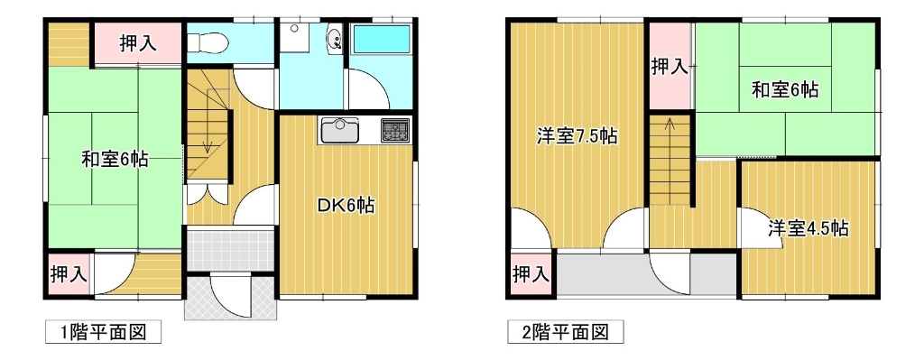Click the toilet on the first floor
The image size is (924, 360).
pyautogui.click(x=205, y=42)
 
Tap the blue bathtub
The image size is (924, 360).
pyautogui.click(x=380, y=42)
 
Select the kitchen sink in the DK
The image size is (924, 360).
pyautogui.click(x=340, y=130)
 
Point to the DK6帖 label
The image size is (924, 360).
pyautogui.click(x=346, y=206)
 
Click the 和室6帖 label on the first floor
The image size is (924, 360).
pyautogui.click(x=115, y=161)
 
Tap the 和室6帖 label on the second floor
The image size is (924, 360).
pyautogui.click(x=785, y=89)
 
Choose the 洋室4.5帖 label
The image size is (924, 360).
pyautogui.click(x=808, y=227)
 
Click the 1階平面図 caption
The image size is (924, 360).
pyautogui.click(x=104, y=332)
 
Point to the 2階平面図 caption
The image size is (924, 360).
pyautogui.click(x=565, y=332)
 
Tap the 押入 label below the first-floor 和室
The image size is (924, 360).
pyautogui.click(x=69, y=273)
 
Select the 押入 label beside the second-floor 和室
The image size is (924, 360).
pyautogui.click(x=670, y=66)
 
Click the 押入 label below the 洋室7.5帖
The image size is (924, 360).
pyautogui.click(x=531, y=274)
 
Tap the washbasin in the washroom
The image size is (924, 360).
pyautogui.click(x=334, y=39)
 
